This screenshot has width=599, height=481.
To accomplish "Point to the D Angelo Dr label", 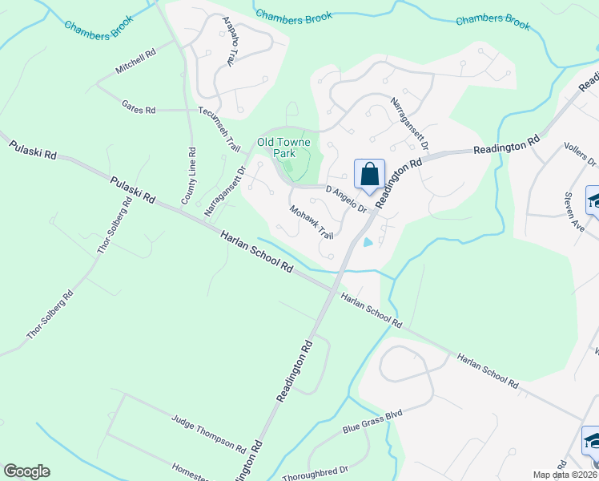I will [x=346, y=199].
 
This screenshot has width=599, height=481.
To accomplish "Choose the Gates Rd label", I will [x=138, y=107].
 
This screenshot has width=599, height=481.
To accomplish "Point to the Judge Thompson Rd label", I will [x=209, y=431].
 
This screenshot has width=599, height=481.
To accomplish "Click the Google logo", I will [x=26, y=471].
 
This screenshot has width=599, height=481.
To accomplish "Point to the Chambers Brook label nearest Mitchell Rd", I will [x=97, y=26].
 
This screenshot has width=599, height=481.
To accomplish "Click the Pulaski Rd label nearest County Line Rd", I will [x=133, y=193].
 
